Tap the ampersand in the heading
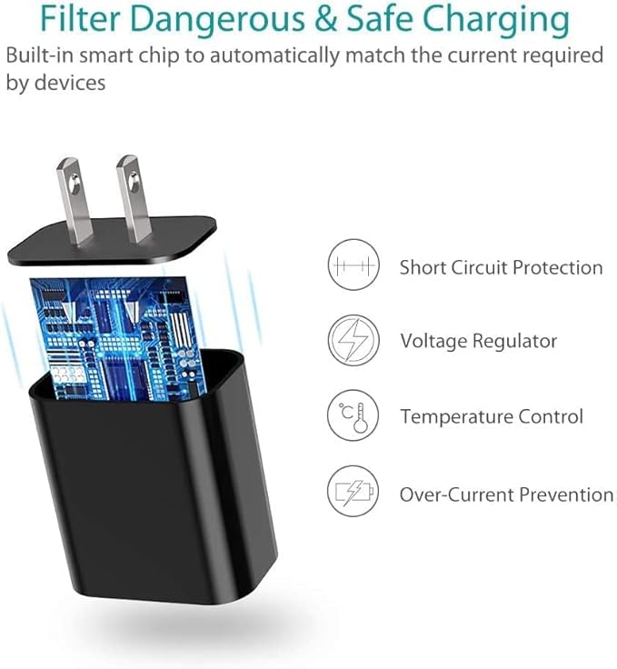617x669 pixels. coord(326,19)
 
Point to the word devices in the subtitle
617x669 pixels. coord(69,83)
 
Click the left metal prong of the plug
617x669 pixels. coord(75,201)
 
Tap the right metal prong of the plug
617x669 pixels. coord(134,199)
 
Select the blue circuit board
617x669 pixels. coord(118,338)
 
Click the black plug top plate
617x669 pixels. coord(112,240)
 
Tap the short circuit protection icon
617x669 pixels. coord(353,265)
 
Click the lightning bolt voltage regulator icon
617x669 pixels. coord(353,340)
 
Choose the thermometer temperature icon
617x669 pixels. coord(353,415)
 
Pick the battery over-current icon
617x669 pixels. coord(353,491)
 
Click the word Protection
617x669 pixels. coord(558,267)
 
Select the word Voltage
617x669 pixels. coord(433,342)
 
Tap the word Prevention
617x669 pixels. coord(566,494)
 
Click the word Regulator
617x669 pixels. coord(514,342)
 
